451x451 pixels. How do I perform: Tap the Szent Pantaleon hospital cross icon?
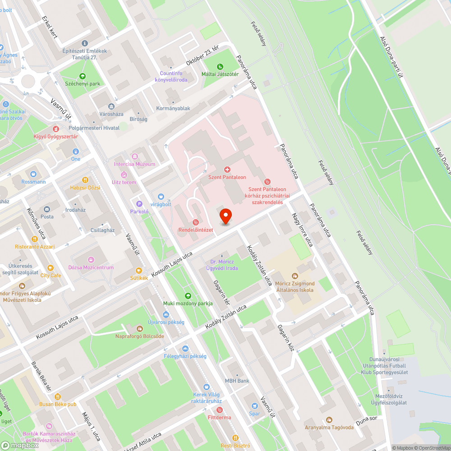[227, 170]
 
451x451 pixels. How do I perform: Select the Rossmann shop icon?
[33, 174]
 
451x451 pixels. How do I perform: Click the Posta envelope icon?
[47, 209]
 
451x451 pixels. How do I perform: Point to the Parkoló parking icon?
[139, 204]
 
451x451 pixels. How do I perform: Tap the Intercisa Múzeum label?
[134, 164]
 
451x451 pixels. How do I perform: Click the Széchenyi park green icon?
[82, 76]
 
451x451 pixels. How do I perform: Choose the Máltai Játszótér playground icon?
[220, 67]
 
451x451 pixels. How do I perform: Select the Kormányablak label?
[173, 108]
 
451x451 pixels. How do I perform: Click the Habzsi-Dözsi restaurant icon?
[85, 179]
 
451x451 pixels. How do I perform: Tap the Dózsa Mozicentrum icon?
[91, 260]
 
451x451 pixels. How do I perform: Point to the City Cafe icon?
[51, 268]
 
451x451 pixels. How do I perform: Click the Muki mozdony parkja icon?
[188, 296]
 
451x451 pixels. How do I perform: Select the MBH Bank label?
[237, 381]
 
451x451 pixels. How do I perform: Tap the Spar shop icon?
[254, 405]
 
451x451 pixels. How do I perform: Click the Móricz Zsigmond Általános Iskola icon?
[295, 276]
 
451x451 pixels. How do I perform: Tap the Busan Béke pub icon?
[58, 396]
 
